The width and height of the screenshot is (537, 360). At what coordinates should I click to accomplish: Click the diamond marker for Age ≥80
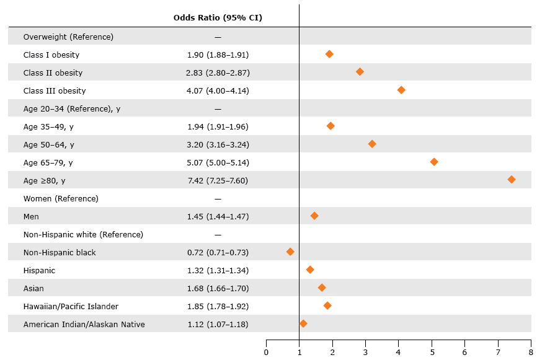[512, 180]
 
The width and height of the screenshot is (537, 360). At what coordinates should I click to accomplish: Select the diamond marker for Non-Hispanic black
[290, 252]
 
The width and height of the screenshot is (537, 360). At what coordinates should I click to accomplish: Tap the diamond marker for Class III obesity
[401, 90]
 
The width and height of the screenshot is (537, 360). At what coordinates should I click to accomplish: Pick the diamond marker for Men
[314, 216]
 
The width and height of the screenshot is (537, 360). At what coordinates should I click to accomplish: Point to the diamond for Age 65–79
[434, 162]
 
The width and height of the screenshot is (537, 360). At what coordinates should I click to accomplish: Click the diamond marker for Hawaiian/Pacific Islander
[327, 305]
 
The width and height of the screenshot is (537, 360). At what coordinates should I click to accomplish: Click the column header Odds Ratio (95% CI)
[218, 17]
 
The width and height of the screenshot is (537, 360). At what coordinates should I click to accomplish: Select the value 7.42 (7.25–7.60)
[218, 180]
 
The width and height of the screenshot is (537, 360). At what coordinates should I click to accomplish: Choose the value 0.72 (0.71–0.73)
[218, 252]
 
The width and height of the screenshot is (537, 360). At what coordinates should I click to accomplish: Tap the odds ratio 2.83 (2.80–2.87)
[218, 72]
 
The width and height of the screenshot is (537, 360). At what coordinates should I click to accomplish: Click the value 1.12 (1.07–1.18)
[218, 324]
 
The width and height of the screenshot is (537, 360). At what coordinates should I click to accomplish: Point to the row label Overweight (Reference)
[68, 37]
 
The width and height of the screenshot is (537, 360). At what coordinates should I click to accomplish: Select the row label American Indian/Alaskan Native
[84, 324]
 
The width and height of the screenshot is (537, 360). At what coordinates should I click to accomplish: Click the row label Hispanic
[39, 270]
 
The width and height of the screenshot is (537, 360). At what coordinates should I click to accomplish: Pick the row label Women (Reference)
[61, 198]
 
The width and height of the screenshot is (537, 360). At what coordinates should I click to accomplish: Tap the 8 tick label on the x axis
[531, 352]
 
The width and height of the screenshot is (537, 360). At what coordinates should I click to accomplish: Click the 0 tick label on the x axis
[266, 352]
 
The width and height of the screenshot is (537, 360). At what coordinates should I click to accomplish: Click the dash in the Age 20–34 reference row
[218, 108]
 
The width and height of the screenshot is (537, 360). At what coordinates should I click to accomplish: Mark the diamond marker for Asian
[322, 288]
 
